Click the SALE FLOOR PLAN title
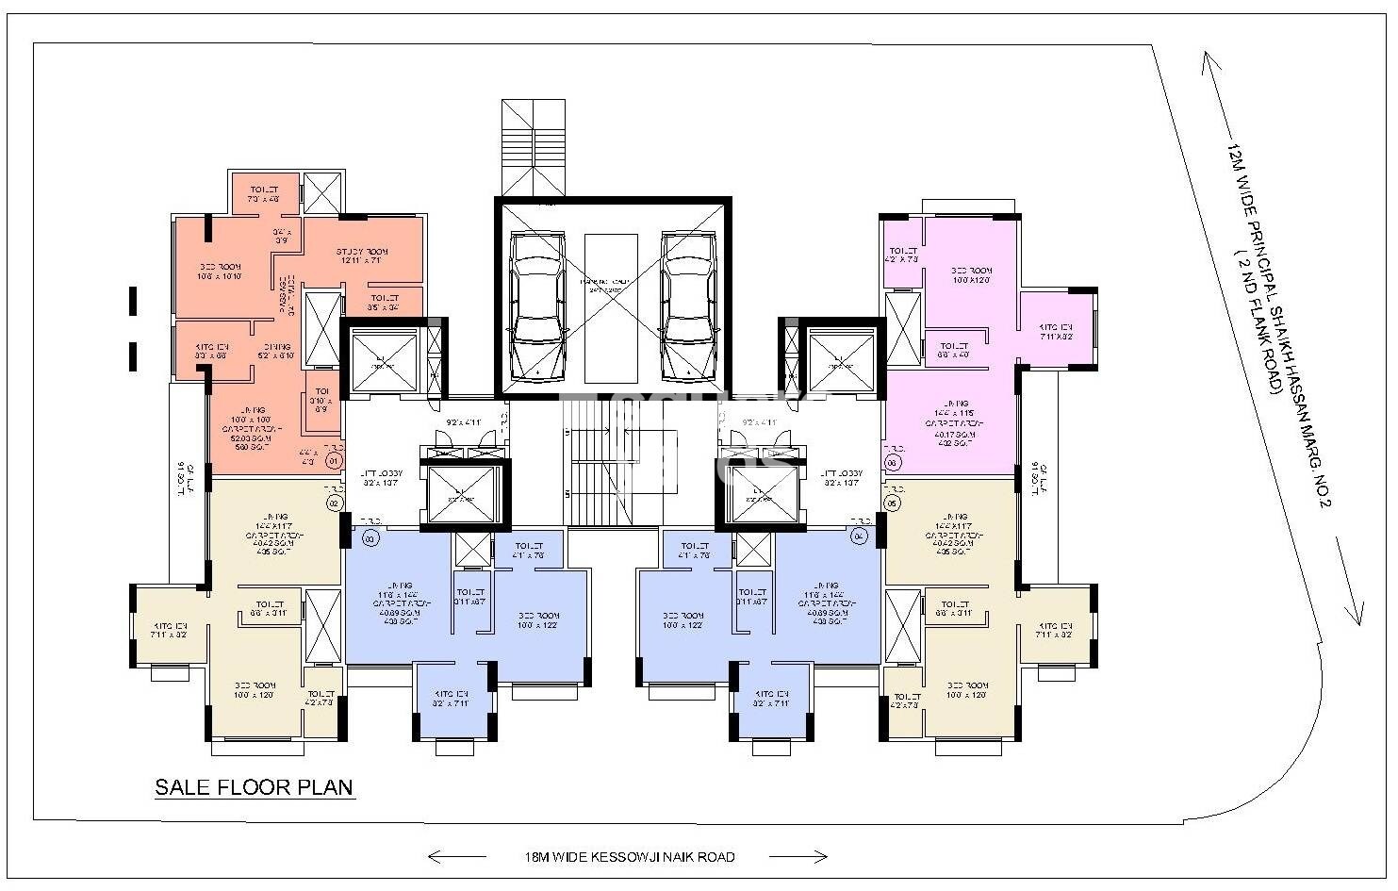pos(254,787)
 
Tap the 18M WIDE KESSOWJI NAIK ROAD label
pos(630,857)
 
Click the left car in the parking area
pos(535,304)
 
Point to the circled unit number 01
pos(332,462)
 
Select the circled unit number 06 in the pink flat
pos(892,462)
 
